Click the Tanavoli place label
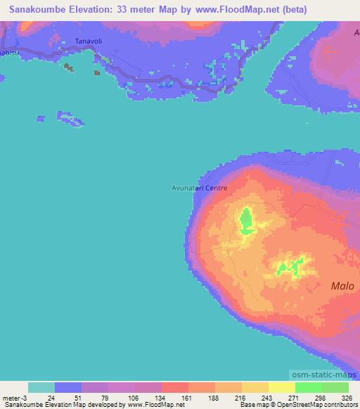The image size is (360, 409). [89, 41]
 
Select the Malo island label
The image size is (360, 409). [343, 285]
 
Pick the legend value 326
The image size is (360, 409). [347, 398]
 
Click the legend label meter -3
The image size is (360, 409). [15, 398]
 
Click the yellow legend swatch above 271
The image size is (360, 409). [281, 387]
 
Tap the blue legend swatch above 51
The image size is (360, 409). [68, 387]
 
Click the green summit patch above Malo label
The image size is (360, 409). [290, 267]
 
